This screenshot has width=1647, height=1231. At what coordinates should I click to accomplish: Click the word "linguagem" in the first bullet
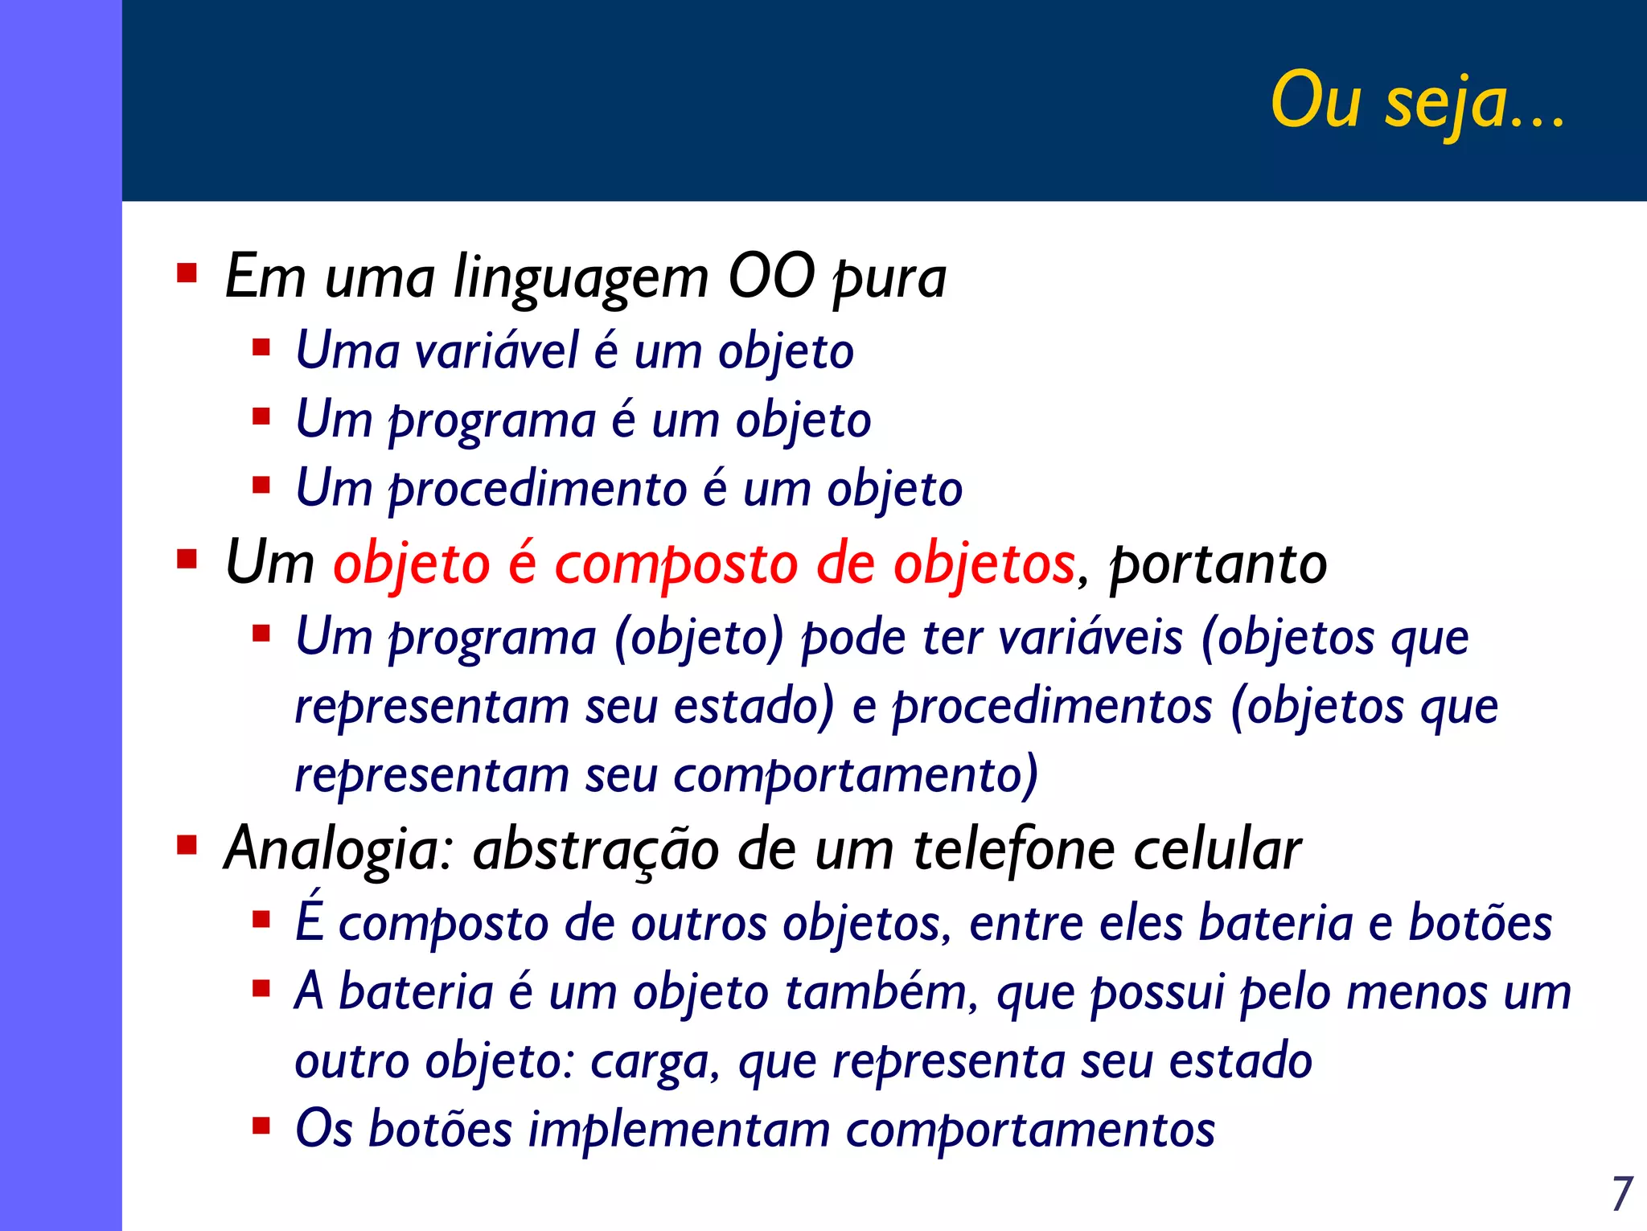pos(581,278)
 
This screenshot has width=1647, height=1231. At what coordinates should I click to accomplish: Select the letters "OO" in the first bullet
pos(770,277)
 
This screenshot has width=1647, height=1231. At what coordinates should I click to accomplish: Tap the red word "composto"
pos(676,564)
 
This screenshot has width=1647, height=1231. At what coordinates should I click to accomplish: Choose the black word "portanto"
pos(1218,564)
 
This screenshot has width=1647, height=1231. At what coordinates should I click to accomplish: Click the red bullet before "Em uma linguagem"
pos(187,274)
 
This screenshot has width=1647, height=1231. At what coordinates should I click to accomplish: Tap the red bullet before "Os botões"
pos(261,1125)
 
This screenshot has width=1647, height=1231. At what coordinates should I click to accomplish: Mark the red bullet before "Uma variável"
pos(261,347)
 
